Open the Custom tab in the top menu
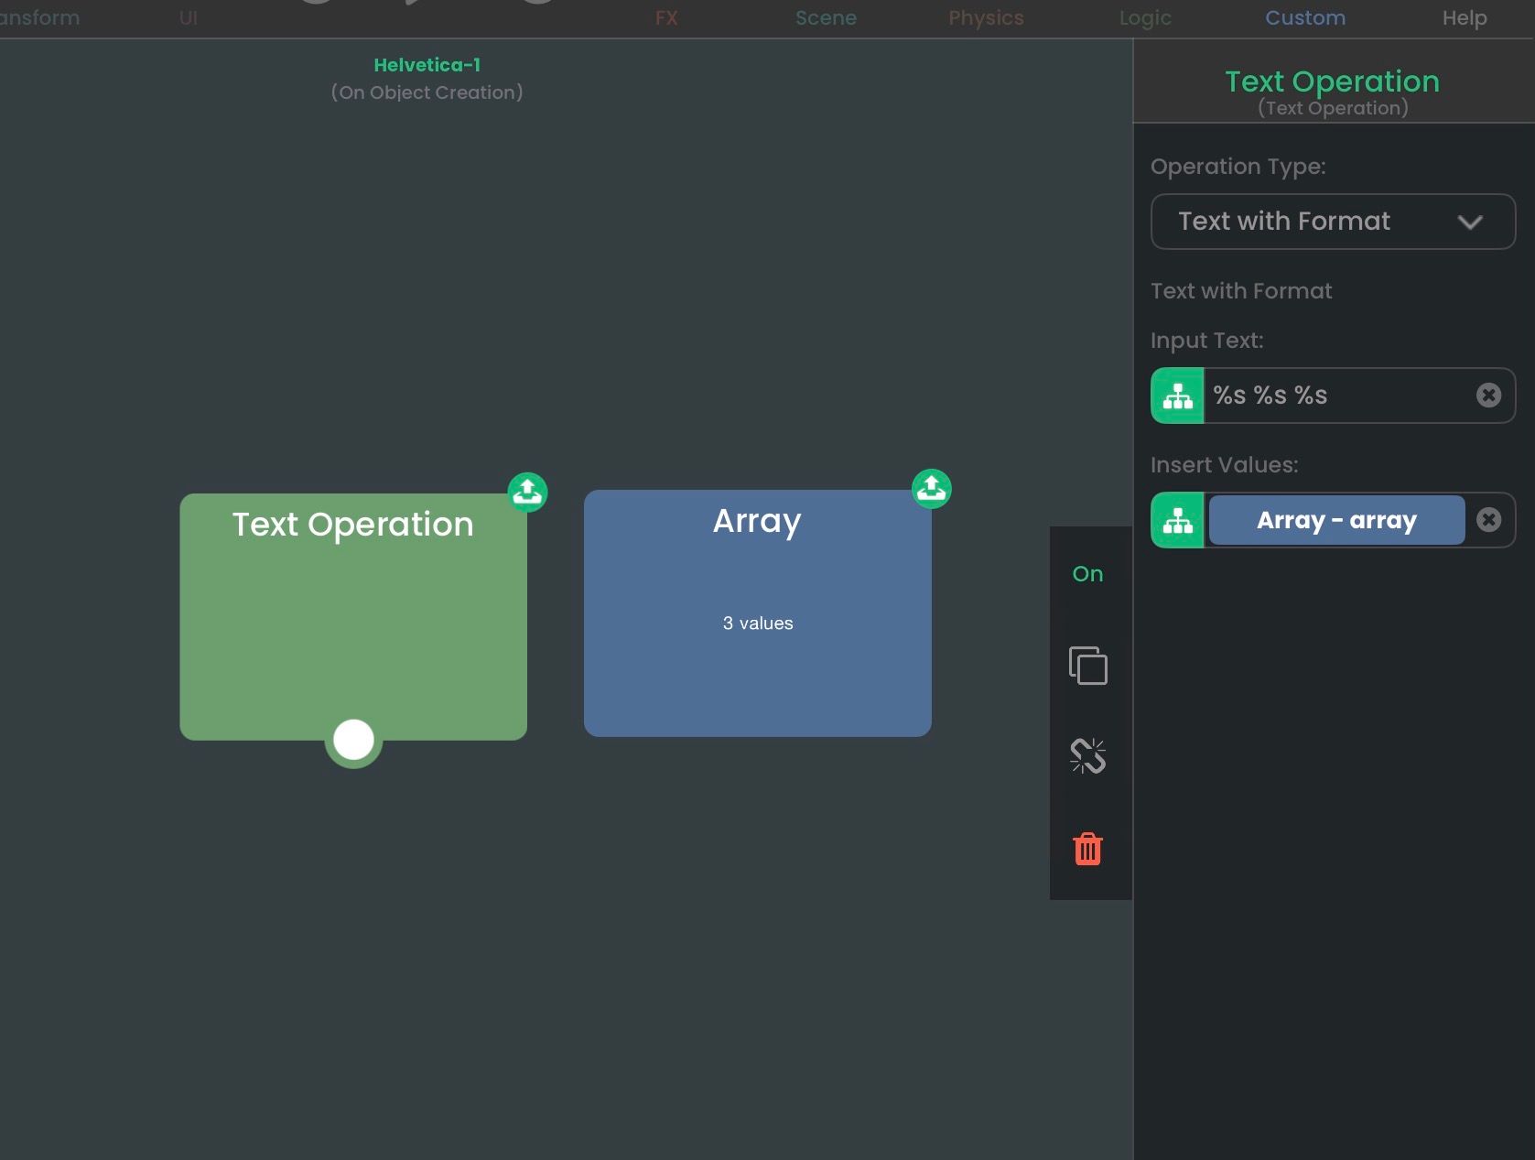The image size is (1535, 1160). pos(1305,17)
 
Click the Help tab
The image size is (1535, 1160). pos(1465,17)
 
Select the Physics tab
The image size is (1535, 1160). pos(986,17)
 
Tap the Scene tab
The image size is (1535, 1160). pos(826,17)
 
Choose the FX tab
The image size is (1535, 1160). pos(666,17)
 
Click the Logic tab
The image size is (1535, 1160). pos(1145,17)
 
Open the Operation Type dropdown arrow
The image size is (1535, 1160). pos(1470,222)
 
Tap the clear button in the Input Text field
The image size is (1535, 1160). pos(1489,395)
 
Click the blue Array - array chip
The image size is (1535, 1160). pos(1336,519)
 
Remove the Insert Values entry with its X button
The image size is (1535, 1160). pos(1489,519)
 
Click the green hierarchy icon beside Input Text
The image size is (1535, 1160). pos(1178,395)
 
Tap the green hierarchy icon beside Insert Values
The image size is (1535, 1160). pos(1178,519)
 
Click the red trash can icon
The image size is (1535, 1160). pos(1087,849)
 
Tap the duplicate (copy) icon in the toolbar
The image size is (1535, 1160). pos(1088,666)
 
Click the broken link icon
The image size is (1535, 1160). pos(1088,756)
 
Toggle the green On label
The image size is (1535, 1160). pos(1087,574)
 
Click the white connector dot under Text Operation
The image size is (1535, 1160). pos(353,740)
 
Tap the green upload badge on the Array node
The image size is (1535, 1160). pos(932,488)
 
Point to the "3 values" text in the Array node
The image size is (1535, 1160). pos(757,623)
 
